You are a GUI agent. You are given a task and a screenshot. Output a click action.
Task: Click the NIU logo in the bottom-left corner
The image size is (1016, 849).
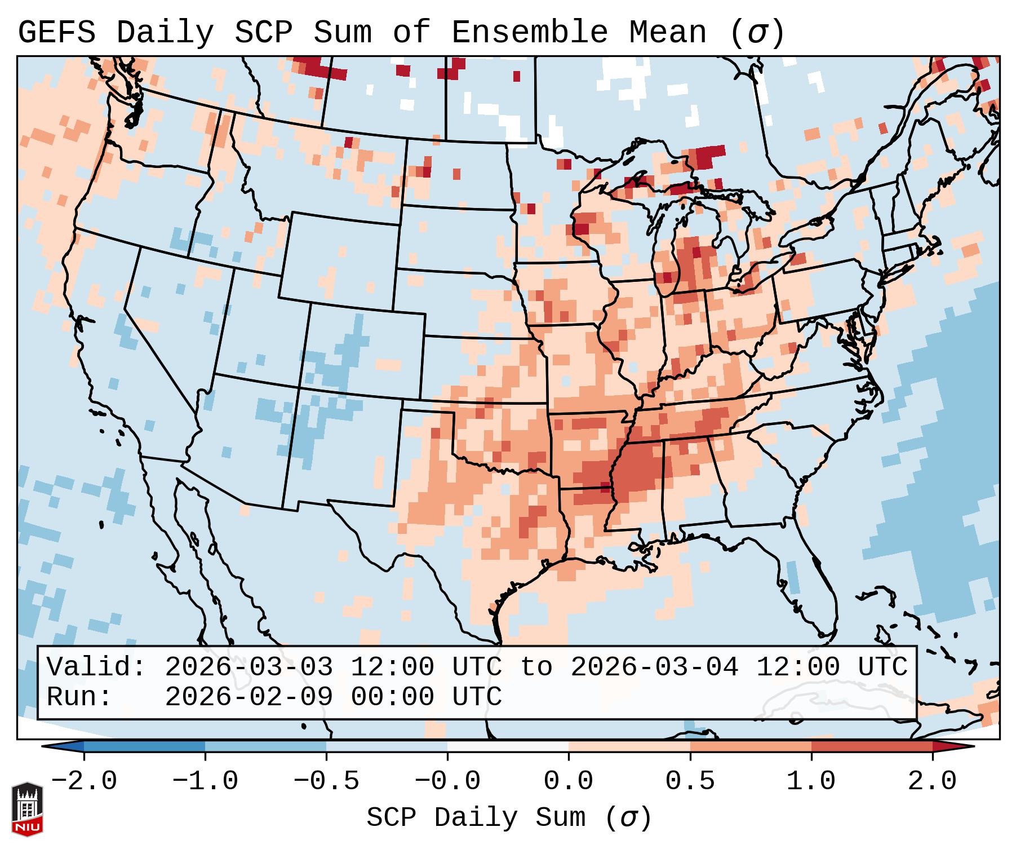pyautogui.click(x=26, y=808)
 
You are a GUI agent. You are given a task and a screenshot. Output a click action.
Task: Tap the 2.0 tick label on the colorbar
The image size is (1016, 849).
pyautogui.click(x=932, y=781)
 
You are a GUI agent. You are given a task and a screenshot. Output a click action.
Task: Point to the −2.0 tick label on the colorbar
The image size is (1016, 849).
pyautogui.click(x=84, y=781)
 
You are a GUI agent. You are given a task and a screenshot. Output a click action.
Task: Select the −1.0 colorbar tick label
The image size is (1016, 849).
pyautogui.click(x=205, y=781)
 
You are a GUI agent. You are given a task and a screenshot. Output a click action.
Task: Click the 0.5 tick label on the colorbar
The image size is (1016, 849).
pyautogui.click(x=690, y=781)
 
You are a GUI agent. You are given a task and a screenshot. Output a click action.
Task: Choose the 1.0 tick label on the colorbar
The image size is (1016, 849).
pyautogui.click(x=811, y=781)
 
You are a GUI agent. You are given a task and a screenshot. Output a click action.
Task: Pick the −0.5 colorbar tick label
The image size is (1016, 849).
pyautogui.click(x=326, y=781)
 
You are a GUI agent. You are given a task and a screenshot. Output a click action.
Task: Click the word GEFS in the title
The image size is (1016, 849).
pyautogui.click(x=56, y=33)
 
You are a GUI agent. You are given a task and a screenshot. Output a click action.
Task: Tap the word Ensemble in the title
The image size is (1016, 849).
pyautogui.click(x=529, y=33)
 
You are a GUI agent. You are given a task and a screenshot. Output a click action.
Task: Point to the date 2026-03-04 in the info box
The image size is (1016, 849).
pyautogui.click(x=654, y=667)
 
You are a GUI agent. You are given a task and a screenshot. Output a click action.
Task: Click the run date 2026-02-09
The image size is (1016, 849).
pyautogui.click(x=249, y=697)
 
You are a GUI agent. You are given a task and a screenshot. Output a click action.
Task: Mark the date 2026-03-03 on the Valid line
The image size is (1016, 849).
pyautogui.click(x=249, y=667)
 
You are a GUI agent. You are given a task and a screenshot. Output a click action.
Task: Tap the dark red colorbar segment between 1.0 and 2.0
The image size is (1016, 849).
pyautogui.click(x=872, y=746)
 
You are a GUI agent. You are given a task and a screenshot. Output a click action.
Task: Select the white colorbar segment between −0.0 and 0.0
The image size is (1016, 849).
pyautogui.click(x=508, y=746)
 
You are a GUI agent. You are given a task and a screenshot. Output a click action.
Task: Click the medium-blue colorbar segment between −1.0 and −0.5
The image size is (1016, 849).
pyautogui.click(x=265, y=746)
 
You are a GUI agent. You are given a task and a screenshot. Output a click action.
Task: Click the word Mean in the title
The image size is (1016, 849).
pyautogui.click(x=667, y=33)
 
